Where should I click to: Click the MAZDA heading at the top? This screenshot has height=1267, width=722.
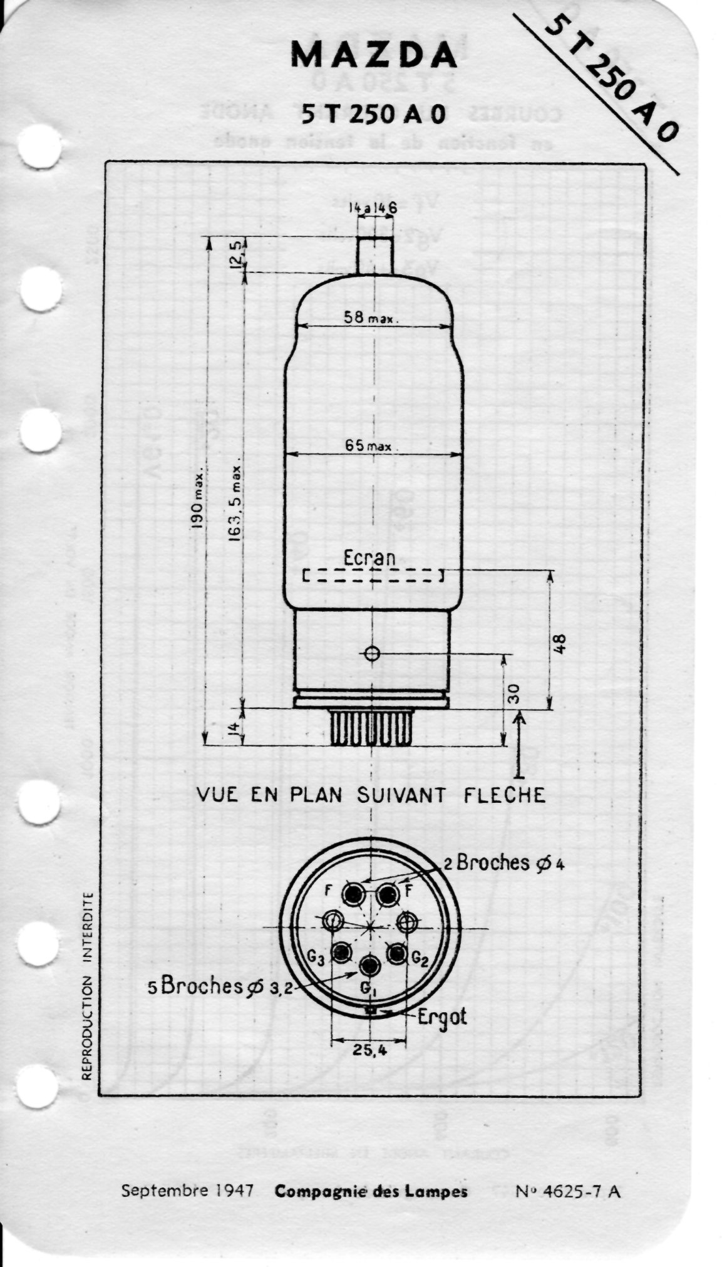pyautogui.click(x=373, y=56)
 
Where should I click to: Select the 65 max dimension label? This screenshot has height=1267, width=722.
pyautogui.click(x=368, y=446)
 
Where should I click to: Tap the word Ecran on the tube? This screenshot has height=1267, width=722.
pyautogui.click(x=369, y=557)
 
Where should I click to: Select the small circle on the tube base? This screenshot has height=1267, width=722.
pyautogui.click(x=372, y=654)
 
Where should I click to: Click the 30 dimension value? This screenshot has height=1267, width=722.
pyautogui.click(x=513, y=693)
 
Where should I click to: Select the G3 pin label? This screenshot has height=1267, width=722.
pyautogui.click(x=316, y=958)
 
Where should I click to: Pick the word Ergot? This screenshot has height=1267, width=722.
pyautogui.click(x=442, y=1016)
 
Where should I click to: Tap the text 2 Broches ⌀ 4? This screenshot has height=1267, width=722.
pyautogui.click(x=503, y=863)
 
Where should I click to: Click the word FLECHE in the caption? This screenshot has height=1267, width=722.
pyautogui.click(x=504, y=795)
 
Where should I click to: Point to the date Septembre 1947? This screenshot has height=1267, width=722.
pyautogui.click(x=187, y=1191)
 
